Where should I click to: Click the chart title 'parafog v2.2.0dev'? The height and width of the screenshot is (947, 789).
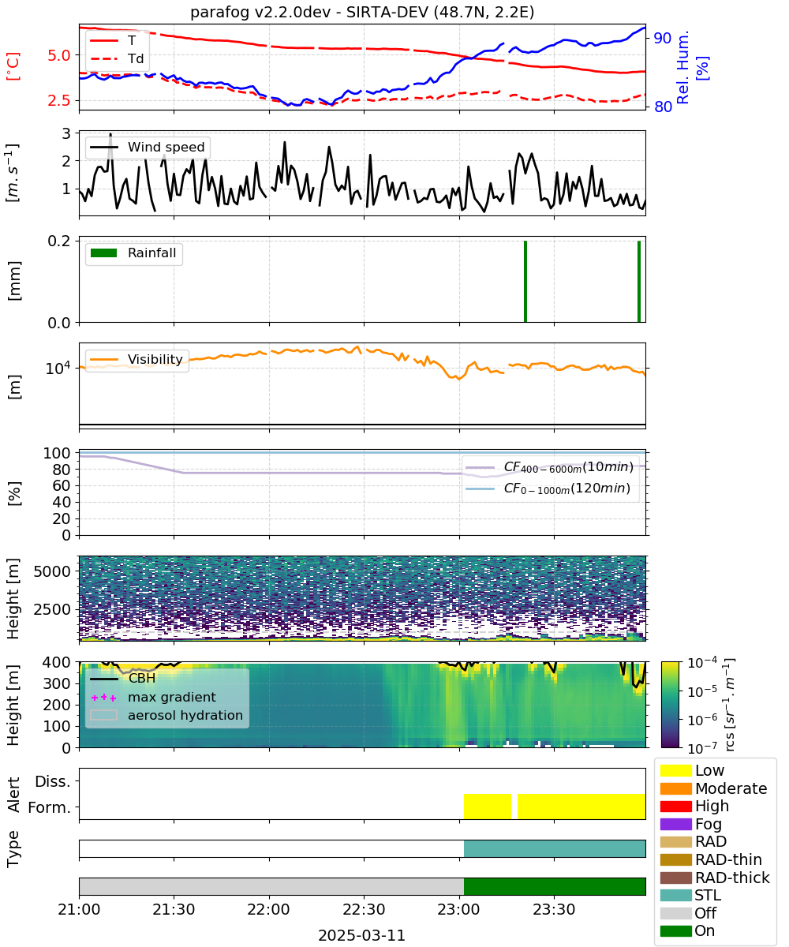260,12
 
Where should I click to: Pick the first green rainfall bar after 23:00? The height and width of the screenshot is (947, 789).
525,281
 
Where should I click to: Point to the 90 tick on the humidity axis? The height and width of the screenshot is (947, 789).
662,38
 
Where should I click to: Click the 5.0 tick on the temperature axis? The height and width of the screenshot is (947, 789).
59,55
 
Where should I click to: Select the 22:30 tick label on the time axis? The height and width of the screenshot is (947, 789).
364,910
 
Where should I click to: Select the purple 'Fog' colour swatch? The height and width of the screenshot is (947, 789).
676,824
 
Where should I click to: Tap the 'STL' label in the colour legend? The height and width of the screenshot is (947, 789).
708,895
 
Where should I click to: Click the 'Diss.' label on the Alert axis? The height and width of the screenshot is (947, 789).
53,781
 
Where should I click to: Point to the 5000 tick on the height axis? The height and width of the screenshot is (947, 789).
52,571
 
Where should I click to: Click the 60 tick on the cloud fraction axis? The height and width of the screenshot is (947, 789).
62,486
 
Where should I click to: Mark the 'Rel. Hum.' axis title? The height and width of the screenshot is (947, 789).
683,67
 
